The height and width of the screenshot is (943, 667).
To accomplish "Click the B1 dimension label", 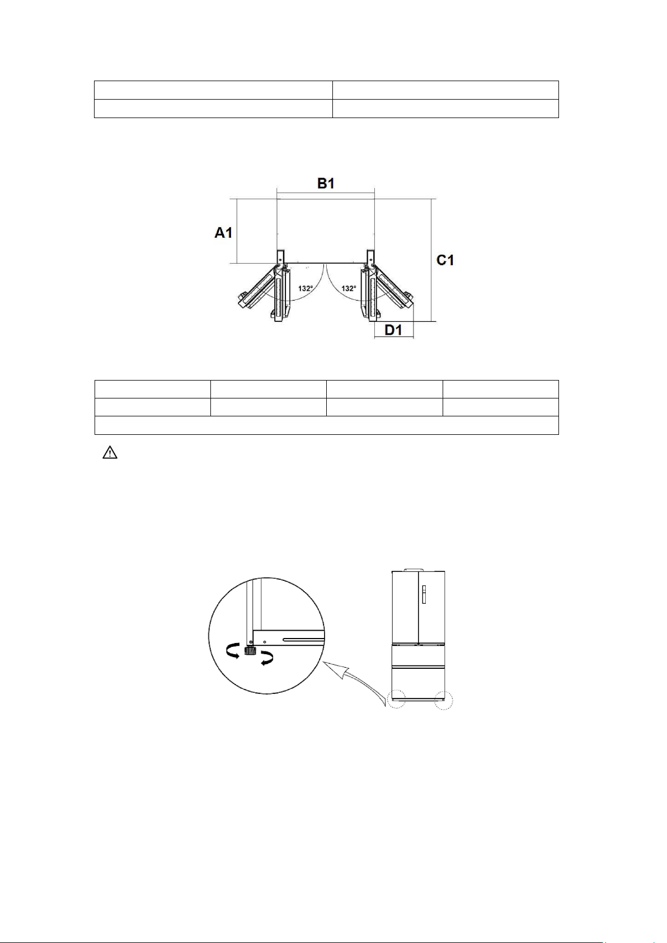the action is pos(326,184).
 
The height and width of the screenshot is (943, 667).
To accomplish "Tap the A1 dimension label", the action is pos(223,232).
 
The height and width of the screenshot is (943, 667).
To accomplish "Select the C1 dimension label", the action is pos(445,260).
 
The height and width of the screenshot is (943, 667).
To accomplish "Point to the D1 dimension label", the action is pos(393,331).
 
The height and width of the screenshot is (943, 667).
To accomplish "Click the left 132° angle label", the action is pos(306,288).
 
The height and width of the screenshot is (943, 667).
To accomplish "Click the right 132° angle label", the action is pos(349,288).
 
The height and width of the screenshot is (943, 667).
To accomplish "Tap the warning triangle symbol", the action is pos(110,453).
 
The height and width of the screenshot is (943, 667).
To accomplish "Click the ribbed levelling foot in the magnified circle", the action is pos(250,651).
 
